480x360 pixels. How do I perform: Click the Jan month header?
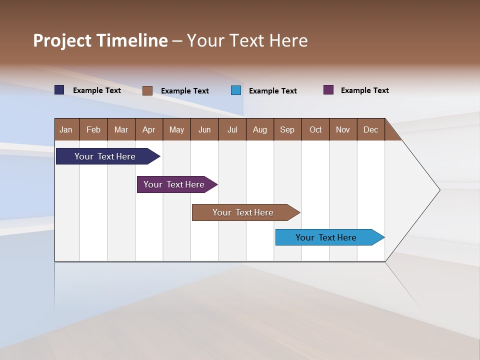coord(66,129)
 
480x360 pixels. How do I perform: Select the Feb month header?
coord(93,129)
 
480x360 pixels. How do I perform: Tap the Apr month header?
coord(149,129)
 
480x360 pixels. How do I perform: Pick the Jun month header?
coord(204,129)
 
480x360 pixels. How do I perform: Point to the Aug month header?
coord(260,129)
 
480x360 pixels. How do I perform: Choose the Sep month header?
coord(287,129)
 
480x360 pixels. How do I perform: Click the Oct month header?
coord(315,129)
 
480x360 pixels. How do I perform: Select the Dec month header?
coord(371,129)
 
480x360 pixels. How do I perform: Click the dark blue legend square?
coord(59,90)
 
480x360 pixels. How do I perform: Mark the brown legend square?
coord(147,90)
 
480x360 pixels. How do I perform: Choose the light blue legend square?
coord(236,90)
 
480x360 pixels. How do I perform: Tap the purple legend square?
coord(328,90)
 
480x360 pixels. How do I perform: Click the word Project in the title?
coord(62,40)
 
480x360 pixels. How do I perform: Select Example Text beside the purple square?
coord(364,90)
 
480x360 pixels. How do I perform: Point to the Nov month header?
coord(343,129)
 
